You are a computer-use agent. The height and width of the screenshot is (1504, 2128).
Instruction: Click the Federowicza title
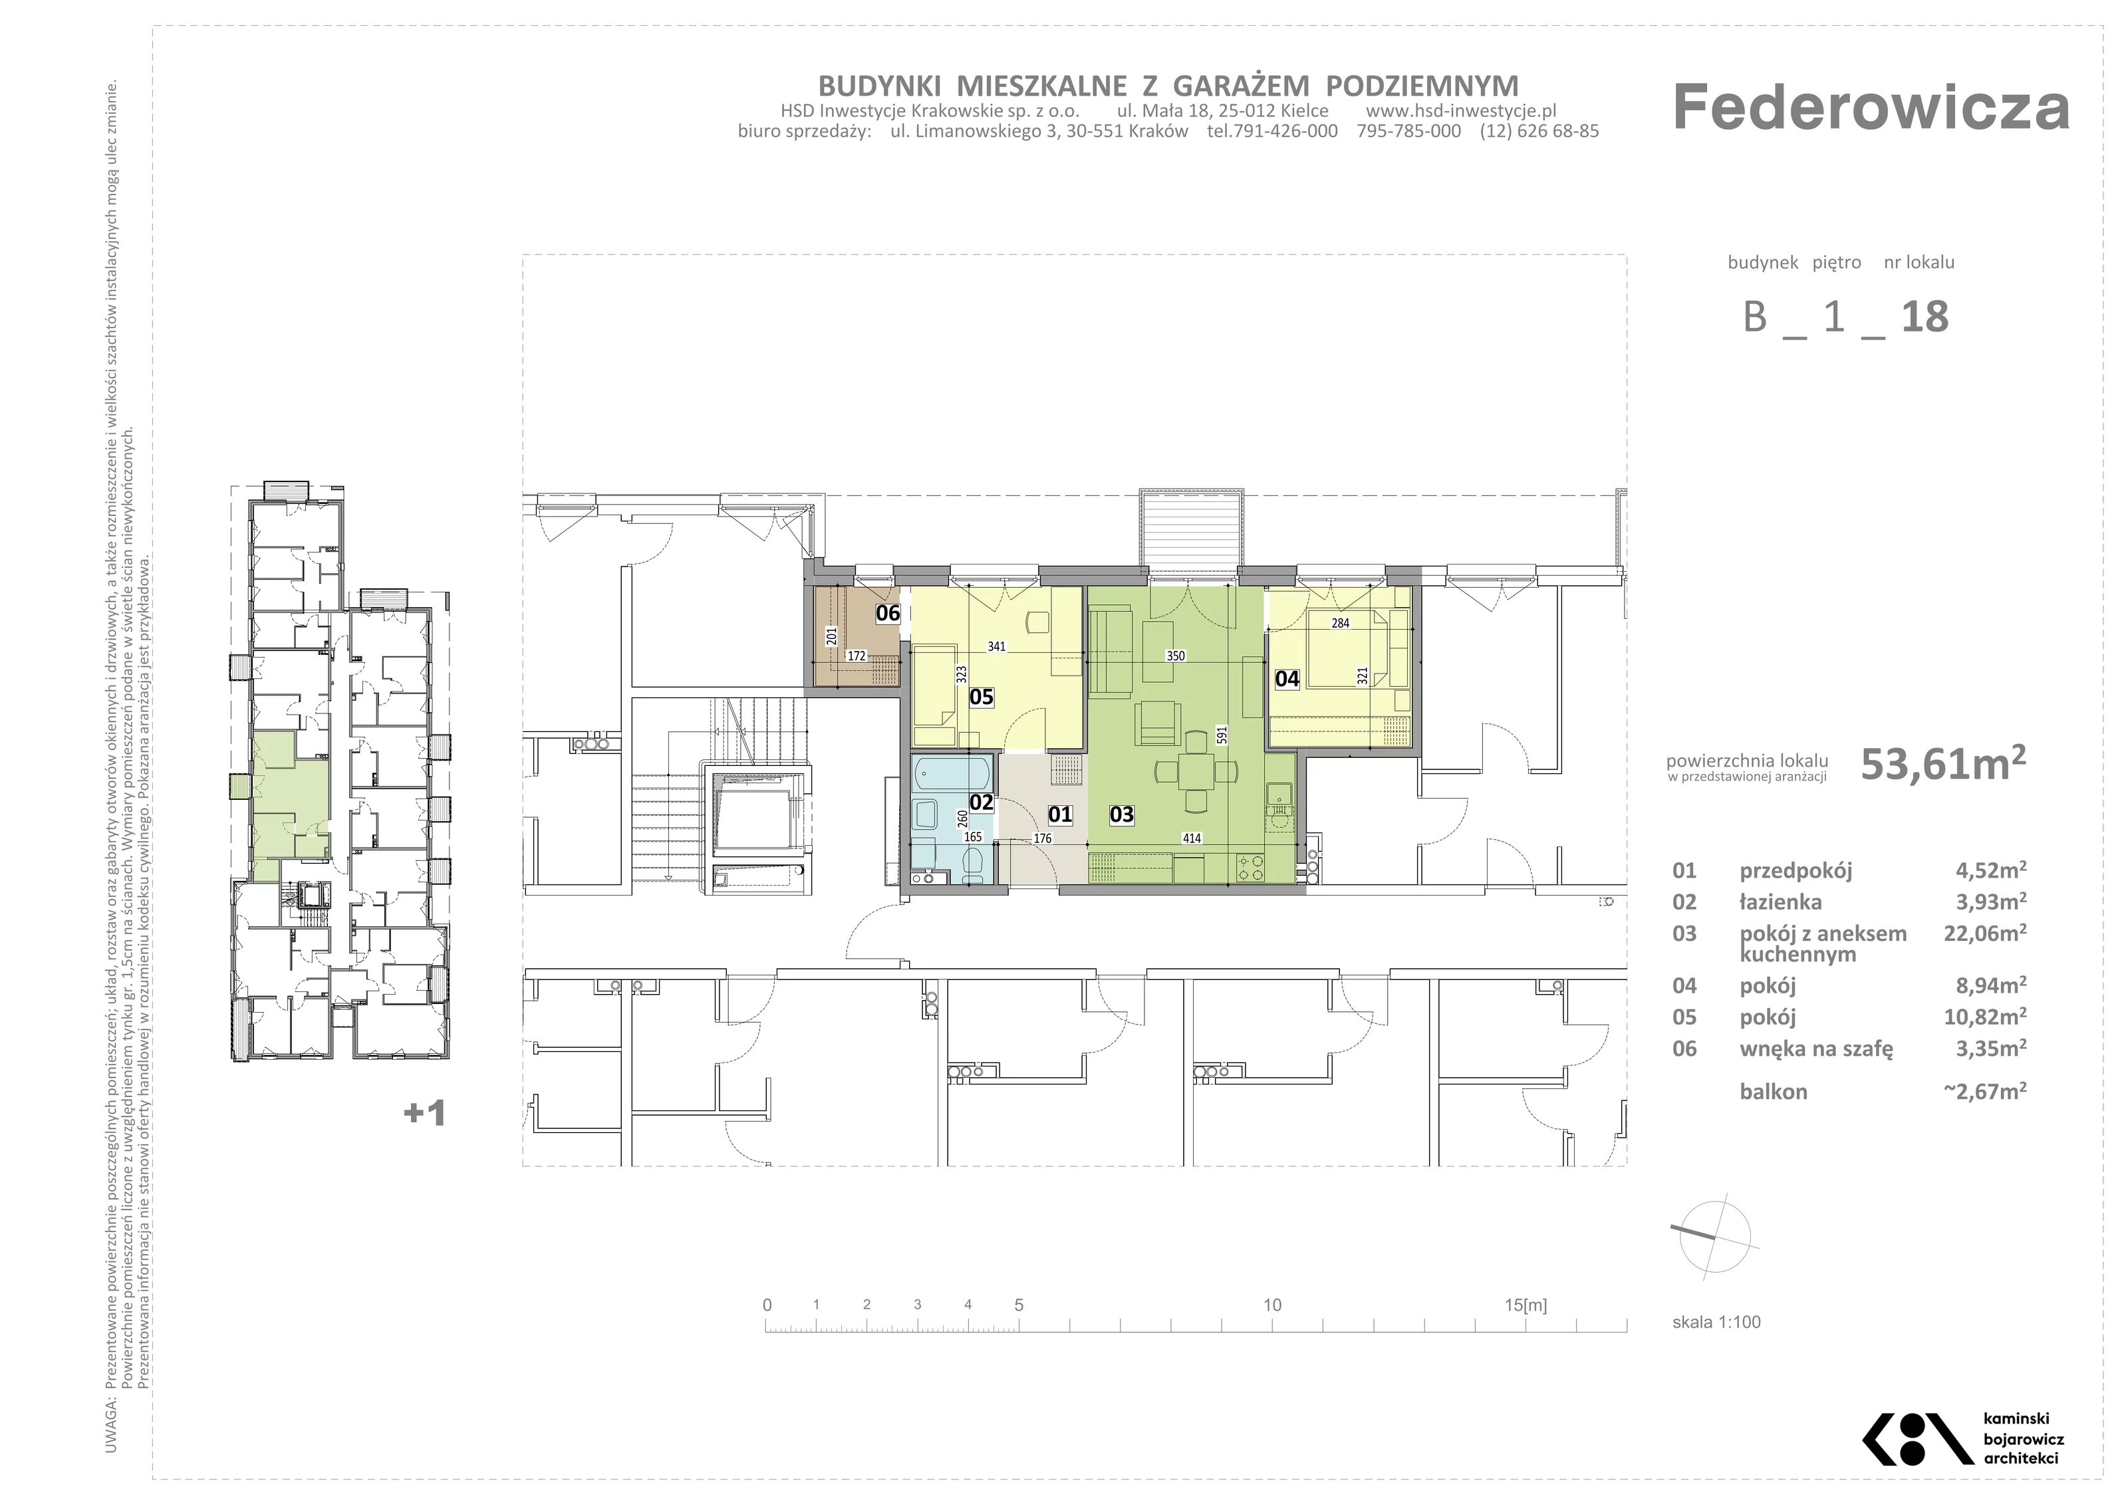click(x=1871, y=108)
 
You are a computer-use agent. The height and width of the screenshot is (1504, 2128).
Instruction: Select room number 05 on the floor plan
click(x=982, y=697)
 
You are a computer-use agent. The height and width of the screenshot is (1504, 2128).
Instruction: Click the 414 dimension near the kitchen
click(x=1192, y=838)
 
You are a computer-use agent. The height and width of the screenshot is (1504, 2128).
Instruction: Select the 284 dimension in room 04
click(x=1340, y=624)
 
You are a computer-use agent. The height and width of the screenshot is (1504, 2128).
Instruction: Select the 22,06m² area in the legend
click(x=1985, y=933)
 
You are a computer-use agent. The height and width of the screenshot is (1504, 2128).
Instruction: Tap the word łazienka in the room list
click(x=1780, y=902)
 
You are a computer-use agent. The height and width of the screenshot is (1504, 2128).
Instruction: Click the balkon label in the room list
click(x=1774, y=1092)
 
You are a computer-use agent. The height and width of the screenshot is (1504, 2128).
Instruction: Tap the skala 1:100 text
click(x=1716, y=1322)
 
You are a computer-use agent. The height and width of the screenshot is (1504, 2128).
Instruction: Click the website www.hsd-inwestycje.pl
click(x=1462, y=111)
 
